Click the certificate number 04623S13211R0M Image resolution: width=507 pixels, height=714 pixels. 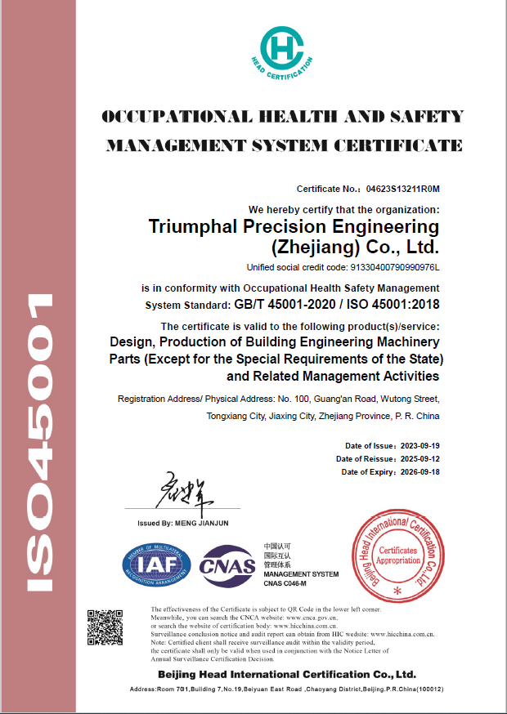point(402,189)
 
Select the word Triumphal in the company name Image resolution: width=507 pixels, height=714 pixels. point(191,226)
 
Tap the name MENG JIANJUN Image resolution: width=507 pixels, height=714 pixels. point(205,522)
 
